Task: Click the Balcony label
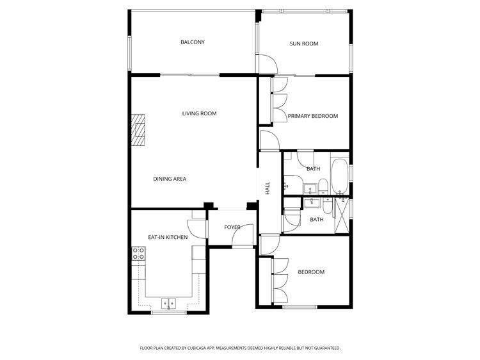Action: [x=193, y=42]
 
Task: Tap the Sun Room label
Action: [x=304, y=44]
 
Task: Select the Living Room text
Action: [x=199, y=113]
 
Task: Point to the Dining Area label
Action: [x=170, y=179]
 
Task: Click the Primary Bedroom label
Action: [x=313, y=116]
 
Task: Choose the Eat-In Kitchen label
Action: [x=168, y=238]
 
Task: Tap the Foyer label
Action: [x=232, y=227]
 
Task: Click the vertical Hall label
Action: [x=268, y=188]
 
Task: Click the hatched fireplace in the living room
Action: [x=138, y=130]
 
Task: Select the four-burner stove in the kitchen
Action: [x=138, y=254]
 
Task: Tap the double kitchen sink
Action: [x=169, y=304]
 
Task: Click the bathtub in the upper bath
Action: [x=340, y=176]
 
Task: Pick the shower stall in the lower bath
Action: [x=342, y=216]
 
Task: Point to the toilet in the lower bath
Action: [x=328, y=206]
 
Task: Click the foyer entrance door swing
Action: [x=243, y=235]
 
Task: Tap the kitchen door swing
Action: [x=197, y=229]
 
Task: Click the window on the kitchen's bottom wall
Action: [x=169, y=313]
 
